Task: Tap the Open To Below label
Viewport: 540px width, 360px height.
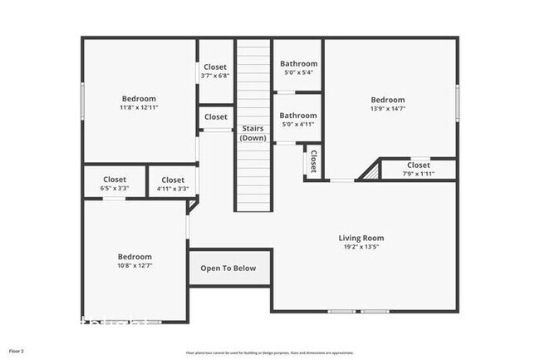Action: [228, 269]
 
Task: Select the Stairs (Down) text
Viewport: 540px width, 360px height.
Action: [253, 133]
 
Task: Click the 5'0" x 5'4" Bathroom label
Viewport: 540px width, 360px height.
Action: [298, 64]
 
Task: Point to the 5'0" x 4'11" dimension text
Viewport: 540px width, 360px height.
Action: [298, 125]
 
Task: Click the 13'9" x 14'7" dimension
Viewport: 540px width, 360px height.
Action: [387, 108]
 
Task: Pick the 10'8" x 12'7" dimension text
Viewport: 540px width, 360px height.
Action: [135, 266]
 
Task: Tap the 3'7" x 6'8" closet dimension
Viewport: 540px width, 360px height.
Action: [215, 76]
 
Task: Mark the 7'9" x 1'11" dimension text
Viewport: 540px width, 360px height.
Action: [418, 174]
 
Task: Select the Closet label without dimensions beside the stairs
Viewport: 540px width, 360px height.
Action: [215, 117]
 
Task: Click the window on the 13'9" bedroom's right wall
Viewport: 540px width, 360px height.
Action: [456, 101]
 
